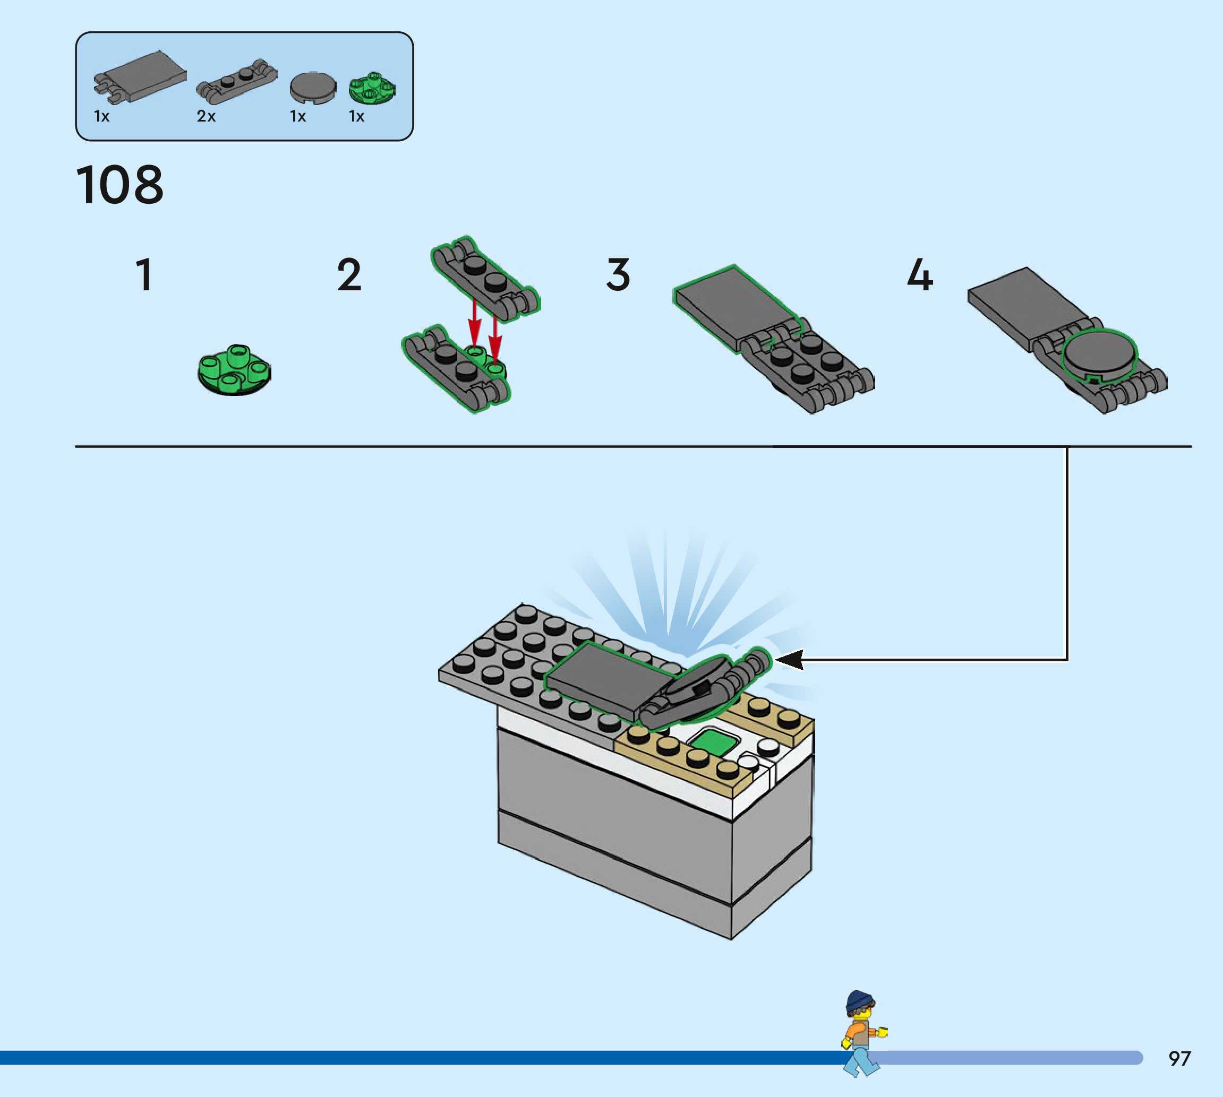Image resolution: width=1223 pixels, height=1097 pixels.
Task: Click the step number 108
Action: (x=119, y=185)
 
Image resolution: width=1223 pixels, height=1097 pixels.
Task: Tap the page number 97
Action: (x=1179, y=1058)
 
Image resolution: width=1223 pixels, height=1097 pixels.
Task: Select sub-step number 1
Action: (x=144, y=275)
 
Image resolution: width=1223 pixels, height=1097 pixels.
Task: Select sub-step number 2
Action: (x=349, y=275)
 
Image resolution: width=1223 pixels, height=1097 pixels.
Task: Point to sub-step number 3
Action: (x=618, y=275)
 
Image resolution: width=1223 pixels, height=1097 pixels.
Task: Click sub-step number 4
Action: (x=920, y=275)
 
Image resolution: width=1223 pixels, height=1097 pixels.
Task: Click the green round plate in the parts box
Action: (x=372, y=89)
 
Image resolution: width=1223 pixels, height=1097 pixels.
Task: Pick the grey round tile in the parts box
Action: (x=313, y=87)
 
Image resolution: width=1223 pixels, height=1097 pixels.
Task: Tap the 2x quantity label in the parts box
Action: (x=206, y=116)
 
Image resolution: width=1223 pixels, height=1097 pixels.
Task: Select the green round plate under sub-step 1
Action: (x=235, y=370)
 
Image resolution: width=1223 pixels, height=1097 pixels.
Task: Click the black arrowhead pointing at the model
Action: (x=791, y=659)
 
